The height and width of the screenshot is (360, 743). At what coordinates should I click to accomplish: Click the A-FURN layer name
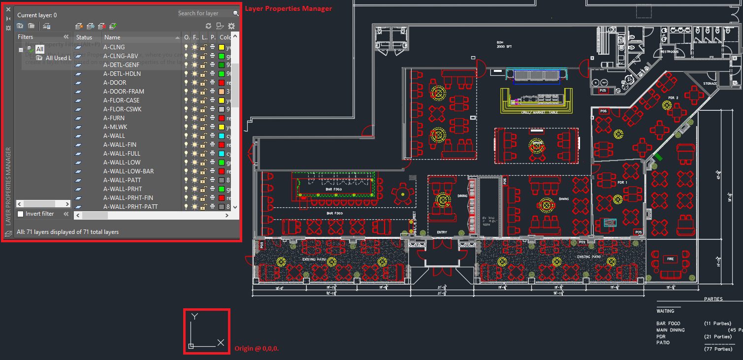click(x=114, y=118)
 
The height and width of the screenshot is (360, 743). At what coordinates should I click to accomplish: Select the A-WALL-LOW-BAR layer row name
click(x=128, y=171)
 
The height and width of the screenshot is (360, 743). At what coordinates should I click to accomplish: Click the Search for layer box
click(x=205, y=13)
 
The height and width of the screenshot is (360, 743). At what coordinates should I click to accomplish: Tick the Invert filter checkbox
click(x=21, y=214)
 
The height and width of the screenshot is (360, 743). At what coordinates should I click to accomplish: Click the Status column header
click(x=84, y=37)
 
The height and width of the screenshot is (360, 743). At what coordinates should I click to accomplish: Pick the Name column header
click(x=112, y=37)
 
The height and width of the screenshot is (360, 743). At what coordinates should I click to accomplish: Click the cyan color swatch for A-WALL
click(x=222, y=136)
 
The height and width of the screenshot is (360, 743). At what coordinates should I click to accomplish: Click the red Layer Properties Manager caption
click(x=288, y=9)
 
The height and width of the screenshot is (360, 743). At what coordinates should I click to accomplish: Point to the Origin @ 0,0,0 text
click(x=257, y=348)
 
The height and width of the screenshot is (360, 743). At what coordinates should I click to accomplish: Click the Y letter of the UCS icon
click(x=194, y=317)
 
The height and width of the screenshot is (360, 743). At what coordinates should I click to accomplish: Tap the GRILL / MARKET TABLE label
click(x=539, y=113)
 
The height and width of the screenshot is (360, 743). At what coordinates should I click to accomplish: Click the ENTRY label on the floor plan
click(x=442, y=232)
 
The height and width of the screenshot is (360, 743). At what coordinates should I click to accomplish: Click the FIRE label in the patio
click(x=670, y=259)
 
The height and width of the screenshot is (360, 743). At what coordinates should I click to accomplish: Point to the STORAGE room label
click(x=710, y=84)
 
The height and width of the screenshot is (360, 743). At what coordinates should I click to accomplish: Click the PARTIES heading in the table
click(x=713, y=299)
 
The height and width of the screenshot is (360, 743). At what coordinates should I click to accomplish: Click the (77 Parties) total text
click(x=718, y=349)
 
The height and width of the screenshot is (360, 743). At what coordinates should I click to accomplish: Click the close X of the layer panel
click(x=8, y=9)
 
